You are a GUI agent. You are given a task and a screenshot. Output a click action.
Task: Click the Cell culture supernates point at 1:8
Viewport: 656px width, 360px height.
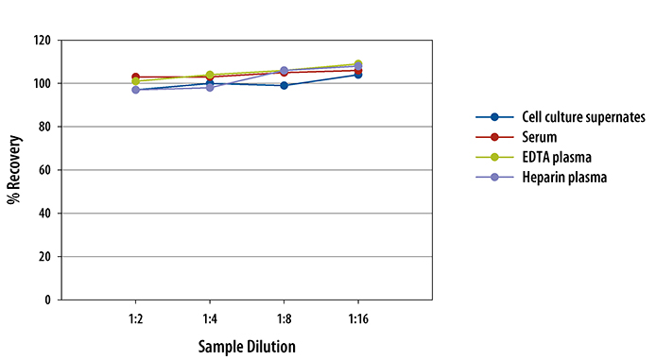(285, 86)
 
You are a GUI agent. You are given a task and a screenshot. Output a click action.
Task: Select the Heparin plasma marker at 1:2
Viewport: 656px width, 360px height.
(135, 90)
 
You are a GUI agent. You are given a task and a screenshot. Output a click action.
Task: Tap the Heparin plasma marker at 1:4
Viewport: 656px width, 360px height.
(210, 87)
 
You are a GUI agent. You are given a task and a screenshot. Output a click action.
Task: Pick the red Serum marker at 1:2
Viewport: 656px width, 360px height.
(135, 77)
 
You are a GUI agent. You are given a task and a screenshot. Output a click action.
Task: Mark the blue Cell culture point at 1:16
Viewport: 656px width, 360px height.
(358, 75)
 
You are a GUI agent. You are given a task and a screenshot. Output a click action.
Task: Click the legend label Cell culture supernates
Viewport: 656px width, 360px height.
(583, 117)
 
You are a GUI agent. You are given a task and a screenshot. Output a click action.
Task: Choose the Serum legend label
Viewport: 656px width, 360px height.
(540, 137)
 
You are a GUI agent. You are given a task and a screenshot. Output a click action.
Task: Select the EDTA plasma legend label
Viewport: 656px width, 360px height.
(557, 157)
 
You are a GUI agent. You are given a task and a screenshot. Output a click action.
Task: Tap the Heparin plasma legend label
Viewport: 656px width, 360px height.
(564, 178)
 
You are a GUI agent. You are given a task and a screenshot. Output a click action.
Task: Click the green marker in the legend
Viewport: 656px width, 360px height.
(494, 157)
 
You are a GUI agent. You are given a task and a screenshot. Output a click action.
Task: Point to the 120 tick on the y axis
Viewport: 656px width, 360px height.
(42, 41)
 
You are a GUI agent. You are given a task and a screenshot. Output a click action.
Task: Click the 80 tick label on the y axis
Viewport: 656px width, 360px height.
(44, 127)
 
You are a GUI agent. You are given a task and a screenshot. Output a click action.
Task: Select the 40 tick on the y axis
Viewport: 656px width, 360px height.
(44, 214)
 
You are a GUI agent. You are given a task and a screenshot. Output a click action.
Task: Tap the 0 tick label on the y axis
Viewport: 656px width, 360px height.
(47, 300)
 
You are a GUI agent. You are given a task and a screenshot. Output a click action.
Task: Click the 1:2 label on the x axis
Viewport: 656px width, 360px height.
(135, 319)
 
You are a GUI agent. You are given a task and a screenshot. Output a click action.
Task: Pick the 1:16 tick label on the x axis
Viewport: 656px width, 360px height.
(358, 319)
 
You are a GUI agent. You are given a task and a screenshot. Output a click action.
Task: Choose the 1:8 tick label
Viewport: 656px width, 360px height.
(285, 319)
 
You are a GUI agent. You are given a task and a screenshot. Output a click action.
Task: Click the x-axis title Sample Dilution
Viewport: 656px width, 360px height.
(247, 347)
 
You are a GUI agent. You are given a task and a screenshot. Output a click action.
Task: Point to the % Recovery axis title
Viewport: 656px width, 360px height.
(14, 170)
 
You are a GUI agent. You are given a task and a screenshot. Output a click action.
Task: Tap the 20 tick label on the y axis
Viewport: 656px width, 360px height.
(44, 257)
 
